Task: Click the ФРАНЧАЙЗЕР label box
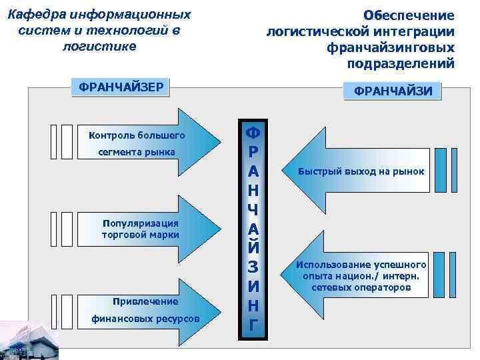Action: (121, 87)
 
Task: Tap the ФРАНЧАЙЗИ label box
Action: (393, 91)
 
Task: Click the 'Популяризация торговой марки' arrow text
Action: (140, 229)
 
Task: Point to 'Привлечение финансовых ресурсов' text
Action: (145, 310)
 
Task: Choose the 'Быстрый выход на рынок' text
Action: (361, 171)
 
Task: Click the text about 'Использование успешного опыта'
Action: (361, 276)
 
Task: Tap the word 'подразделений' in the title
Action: (401, 64)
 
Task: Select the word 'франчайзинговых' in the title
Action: (391, 48)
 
